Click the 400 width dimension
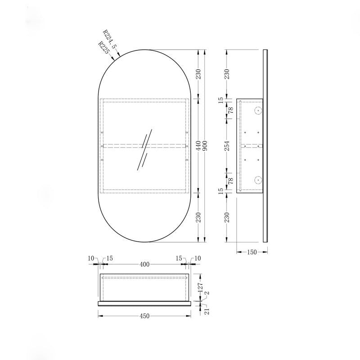pos(144,264)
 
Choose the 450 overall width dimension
pos(144,316)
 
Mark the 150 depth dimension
pos(252,252)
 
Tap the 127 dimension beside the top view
pos(201,287)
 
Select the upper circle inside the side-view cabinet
pos(257,111)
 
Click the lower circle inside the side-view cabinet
pos(257,180)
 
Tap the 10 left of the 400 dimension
pos(91,258)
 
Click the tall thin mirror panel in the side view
pos(265,146)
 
